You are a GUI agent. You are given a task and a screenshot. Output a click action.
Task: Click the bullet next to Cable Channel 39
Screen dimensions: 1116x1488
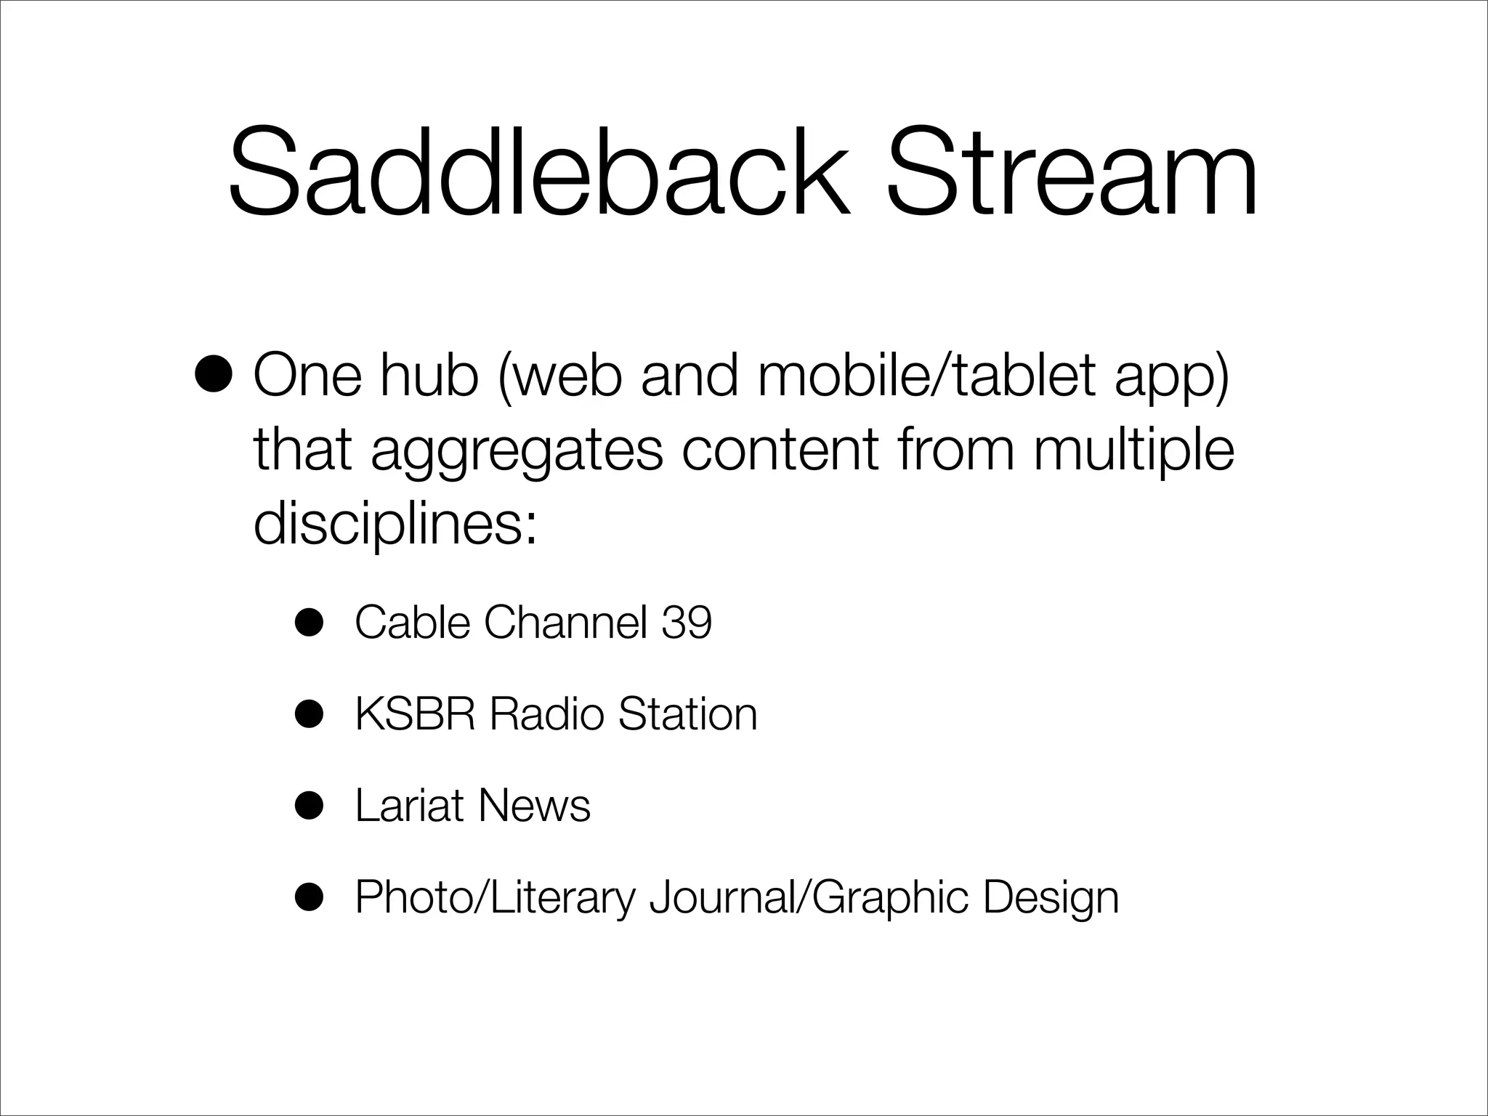click(308, 623)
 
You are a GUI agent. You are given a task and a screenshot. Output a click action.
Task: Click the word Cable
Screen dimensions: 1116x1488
click(412, 623)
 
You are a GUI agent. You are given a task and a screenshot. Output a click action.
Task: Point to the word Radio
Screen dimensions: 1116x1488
click(546, 714)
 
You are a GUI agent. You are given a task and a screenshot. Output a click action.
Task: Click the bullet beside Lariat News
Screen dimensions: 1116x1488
click(308, 806)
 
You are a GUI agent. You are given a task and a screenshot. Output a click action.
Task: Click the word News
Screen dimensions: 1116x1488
click(534, 806)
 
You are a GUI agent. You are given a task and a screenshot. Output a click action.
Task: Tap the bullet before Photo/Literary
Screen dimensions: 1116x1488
click(308, 897)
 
